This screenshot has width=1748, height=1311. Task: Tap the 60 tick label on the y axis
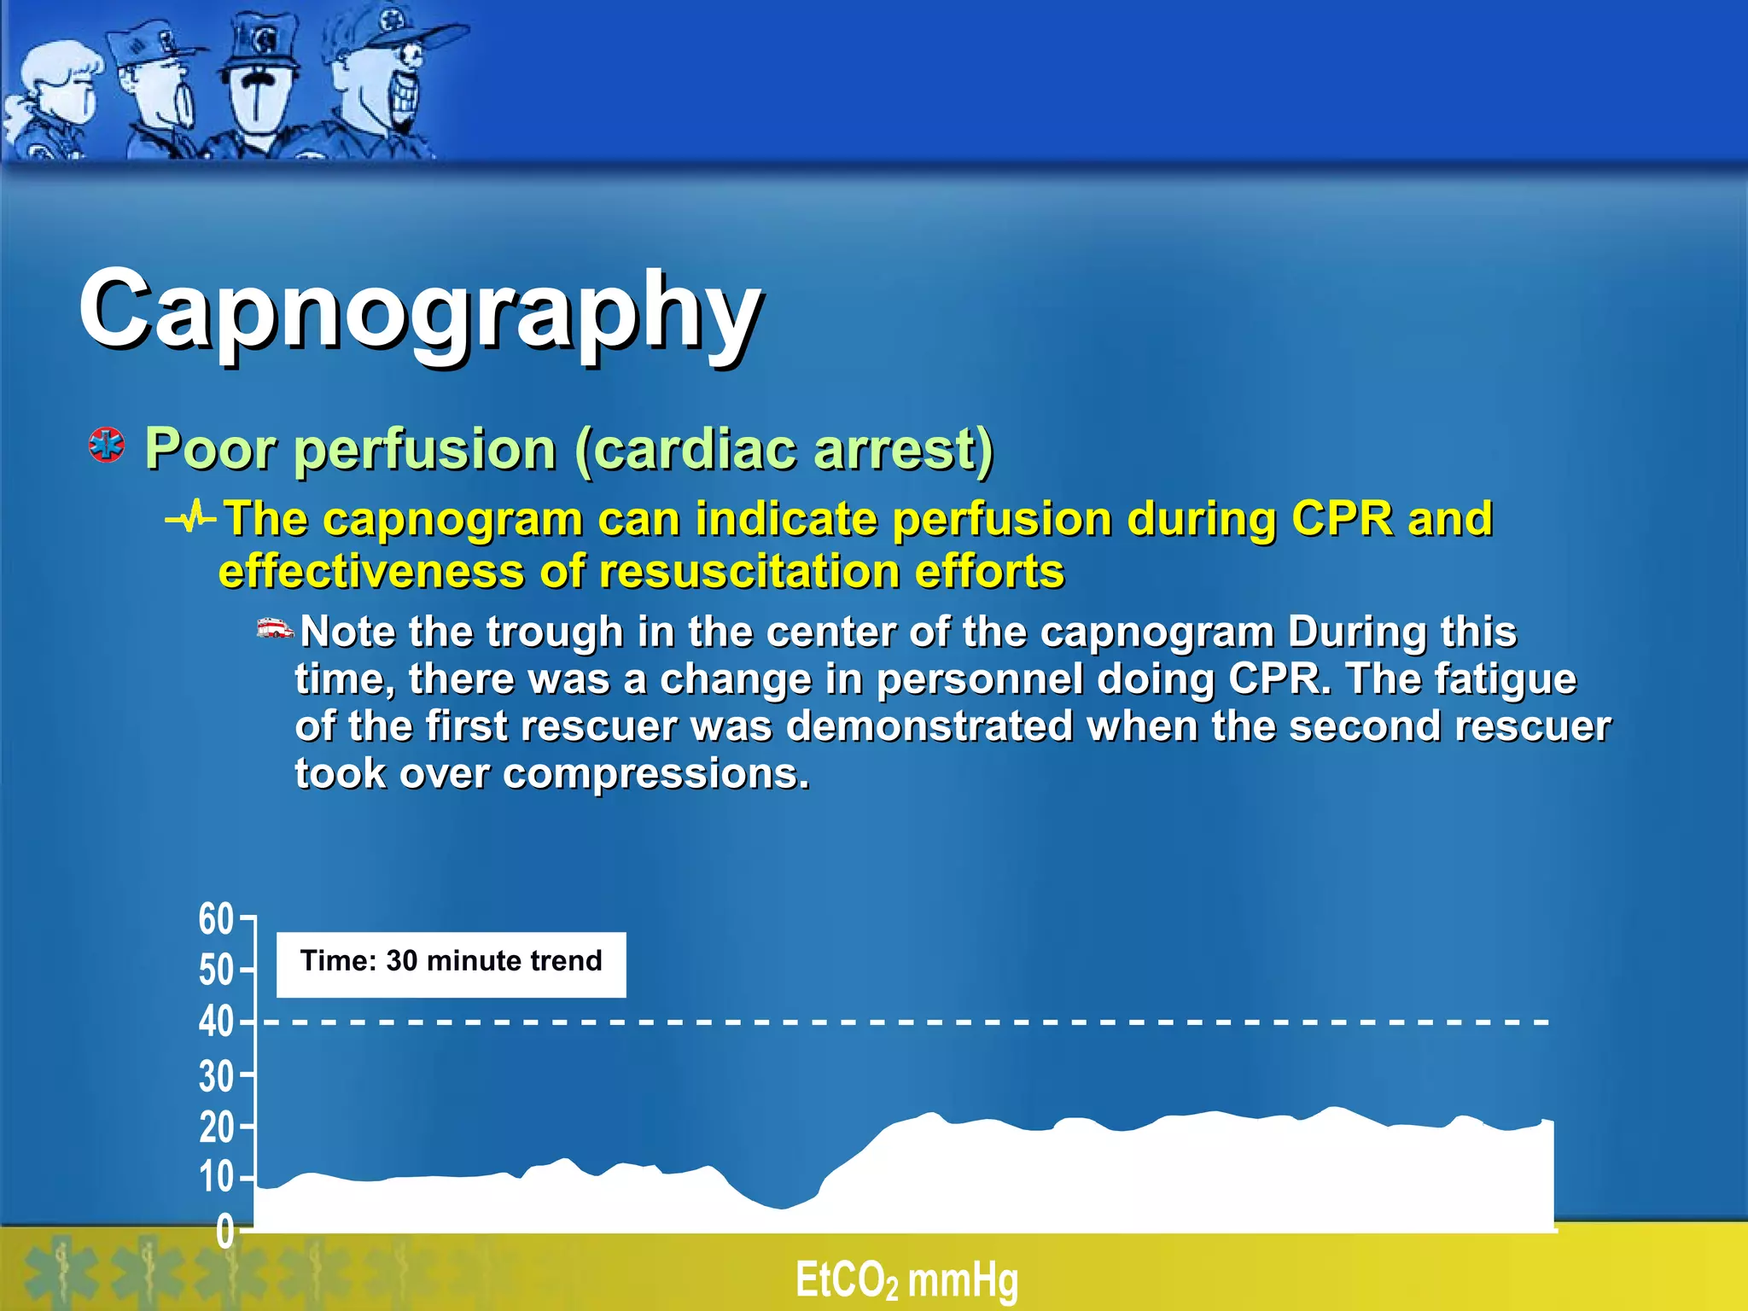pyautogui.click(x=216, y=919)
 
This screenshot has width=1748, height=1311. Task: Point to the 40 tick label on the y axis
pyautogui.click(x=216, y=1022)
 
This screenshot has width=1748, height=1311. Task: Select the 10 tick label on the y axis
pyautogui.click(x=216, y=1178)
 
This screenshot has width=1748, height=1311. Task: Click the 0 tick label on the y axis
pyautogui.click(x=224, y=1232)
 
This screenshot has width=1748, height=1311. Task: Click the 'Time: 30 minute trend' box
pyautogui.click(x=451, y=964)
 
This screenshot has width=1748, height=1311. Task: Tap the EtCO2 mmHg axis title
pyautogui.click(x=906, y=1280)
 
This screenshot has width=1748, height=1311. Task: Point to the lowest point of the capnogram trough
pyautogui.click(x=781, y=1208)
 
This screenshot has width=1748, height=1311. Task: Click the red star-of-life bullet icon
pyautogui.click(x=107, y=446)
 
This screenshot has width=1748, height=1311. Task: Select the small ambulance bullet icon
pyautogui.click(x=275, y=629)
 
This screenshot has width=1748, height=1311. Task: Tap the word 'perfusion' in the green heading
pyautogui.click(x=424, y=449)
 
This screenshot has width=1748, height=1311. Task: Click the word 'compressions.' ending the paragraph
pyautogui.click(x=655, y=774)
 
